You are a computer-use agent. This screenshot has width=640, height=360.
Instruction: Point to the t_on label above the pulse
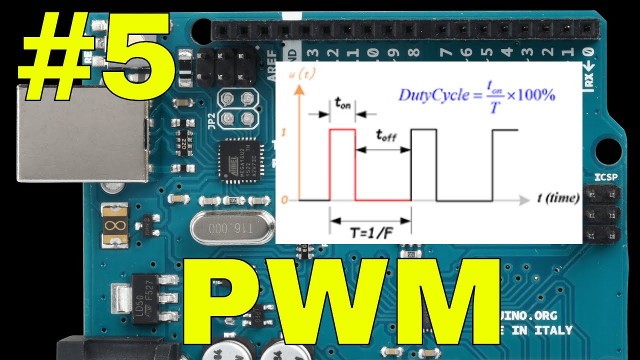342,104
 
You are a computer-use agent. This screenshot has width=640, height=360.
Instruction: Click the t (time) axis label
558,198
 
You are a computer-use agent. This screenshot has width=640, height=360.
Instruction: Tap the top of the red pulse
342,129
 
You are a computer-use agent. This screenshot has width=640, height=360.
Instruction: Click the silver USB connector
82,132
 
